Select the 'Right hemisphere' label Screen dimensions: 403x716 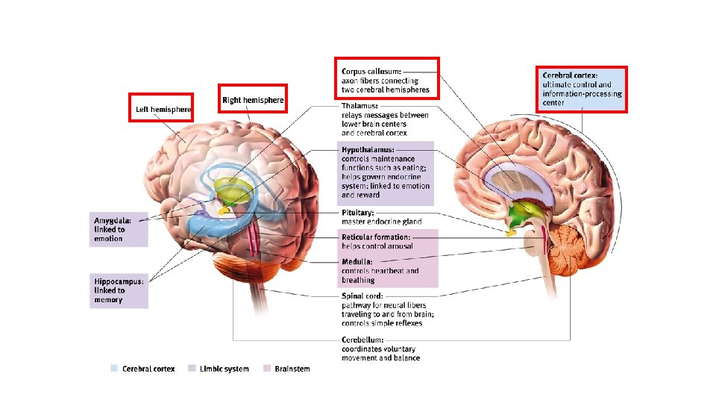[253, 100]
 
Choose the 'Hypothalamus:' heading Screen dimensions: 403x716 [368, 150]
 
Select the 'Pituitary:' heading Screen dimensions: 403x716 [358, 213]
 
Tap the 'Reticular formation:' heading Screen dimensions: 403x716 [376, 237]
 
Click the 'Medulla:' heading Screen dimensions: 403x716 [358, 262]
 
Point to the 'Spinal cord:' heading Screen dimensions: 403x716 [362, 296]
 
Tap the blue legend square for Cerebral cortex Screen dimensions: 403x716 [113, 369]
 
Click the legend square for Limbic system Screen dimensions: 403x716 [192, 369]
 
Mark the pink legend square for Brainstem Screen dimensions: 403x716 [266, 369]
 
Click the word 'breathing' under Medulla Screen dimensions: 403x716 [358, 281]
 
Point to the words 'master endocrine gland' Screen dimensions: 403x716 [381, 222]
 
